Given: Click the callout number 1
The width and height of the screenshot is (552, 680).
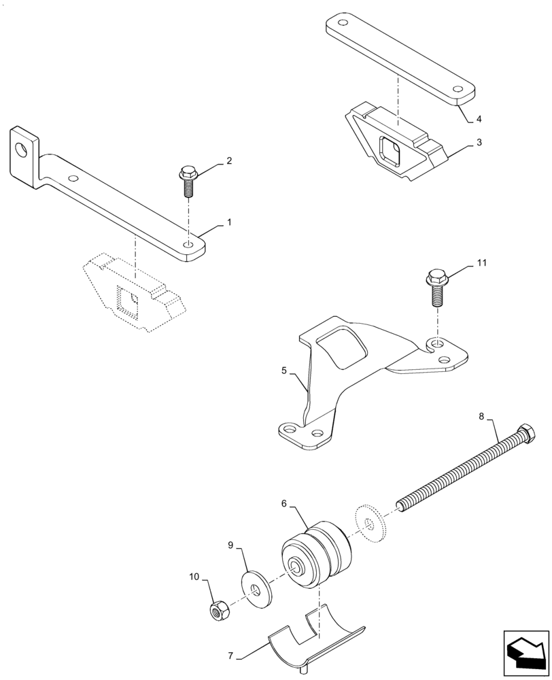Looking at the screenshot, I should [229, 222].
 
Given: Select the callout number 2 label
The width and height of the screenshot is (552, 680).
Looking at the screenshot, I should [229, 161].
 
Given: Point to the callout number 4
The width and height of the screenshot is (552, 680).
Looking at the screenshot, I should [479, 119].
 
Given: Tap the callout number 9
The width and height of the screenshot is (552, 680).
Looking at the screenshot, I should [230, 545].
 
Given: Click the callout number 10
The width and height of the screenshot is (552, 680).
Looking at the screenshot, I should [194, 577].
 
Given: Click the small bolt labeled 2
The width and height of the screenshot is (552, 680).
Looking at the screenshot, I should [187, 181].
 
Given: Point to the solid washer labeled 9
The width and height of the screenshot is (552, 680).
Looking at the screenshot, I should [256, 585].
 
